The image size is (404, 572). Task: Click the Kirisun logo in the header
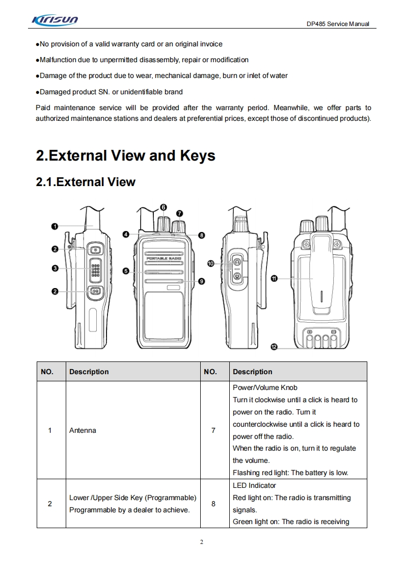coord(55,21)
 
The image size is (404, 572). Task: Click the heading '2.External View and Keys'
coord(125,155)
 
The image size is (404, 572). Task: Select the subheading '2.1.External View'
coord(86,182)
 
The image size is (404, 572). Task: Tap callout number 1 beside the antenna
coord(54,226)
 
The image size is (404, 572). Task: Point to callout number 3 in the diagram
coord(54,268)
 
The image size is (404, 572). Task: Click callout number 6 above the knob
coord(163,207)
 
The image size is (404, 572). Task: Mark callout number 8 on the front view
coord(202,236)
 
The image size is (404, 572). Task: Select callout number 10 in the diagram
coord(210,263)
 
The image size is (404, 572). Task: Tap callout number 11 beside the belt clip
coord(274,278)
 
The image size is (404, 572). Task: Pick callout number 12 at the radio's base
coord(274,347)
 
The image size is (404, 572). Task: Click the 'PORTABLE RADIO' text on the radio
coord(164,259)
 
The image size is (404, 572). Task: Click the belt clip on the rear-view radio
coord(321,275)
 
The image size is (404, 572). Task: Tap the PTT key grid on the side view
coord(95,270)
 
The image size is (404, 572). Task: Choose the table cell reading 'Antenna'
coord(83,430)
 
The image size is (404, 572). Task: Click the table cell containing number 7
coord(213,430)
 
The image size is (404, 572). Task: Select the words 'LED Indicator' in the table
coord(254,485)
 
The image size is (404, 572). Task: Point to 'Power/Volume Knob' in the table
coord(265,387)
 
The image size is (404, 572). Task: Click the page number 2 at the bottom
coord(202,542)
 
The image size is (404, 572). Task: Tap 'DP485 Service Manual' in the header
coord(338,24)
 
